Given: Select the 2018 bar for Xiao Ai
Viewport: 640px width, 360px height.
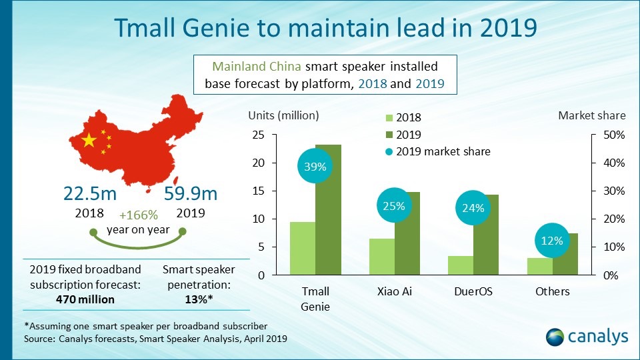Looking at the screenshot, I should [381, 257].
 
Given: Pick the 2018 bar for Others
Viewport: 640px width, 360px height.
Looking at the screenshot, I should [539, 266].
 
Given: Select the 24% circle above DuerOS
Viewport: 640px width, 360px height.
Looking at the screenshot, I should [473, 207].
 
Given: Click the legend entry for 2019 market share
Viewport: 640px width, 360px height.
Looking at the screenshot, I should [437, 151].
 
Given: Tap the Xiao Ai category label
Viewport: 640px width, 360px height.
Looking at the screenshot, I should [394, 291].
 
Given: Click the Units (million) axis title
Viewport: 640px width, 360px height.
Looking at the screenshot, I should [284, 115].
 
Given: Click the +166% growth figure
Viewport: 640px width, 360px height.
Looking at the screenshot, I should [139, 215].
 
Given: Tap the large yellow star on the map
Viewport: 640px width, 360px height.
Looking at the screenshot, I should [87, 141].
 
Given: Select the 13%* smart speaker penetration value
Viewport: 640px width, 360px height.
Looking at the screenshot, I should [199, 299].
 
